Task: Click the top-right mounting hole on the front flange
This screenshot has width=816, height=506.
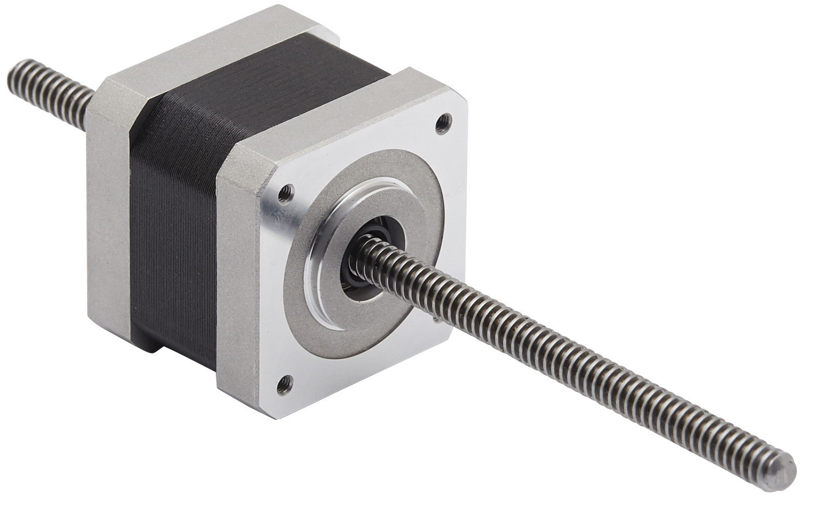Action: click(443, 122)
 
